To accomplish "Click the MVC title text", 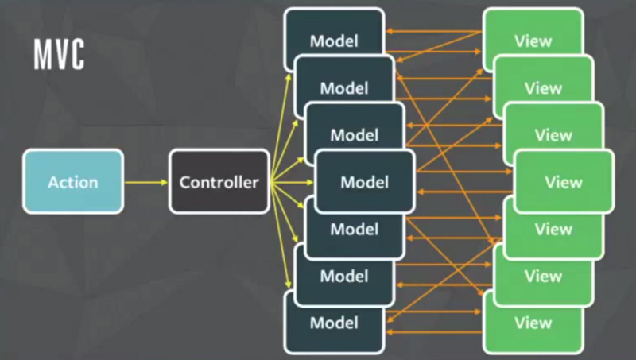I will coord(59,55).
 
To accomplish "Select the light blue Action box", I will coord(73,182).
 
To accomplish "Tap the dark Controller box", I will coord(219,182).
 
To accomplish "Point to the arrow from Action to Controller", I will coord(146,182).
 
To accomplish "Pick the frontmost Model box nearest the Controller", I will coord(364,182).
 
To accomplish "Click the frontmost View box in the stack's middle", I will coord(564,182).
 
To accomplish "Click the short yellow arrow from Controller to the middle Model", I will coord(293,182).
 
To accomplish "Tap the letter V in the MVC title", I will coord(59,55).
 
